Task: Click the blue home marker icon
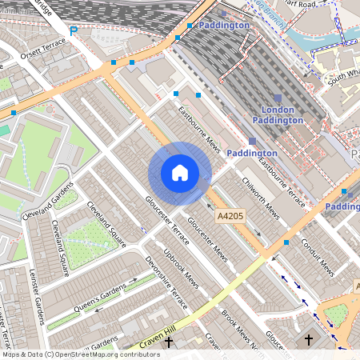point(180,173)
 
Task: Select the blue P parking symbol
point(74,31)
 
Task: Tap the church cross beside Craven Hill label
point(168,342)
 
